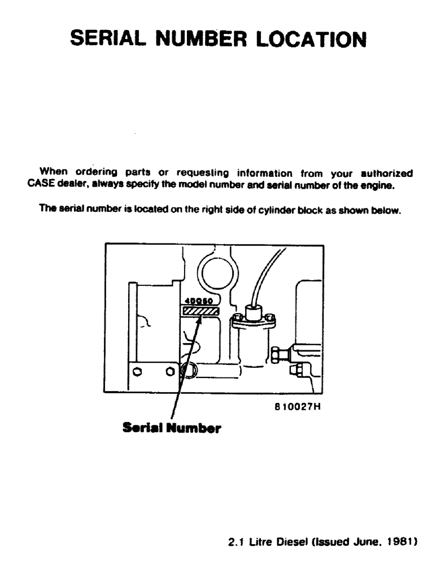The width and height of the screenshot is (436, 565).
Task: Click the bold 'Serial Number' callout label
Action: pos(172,428)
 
